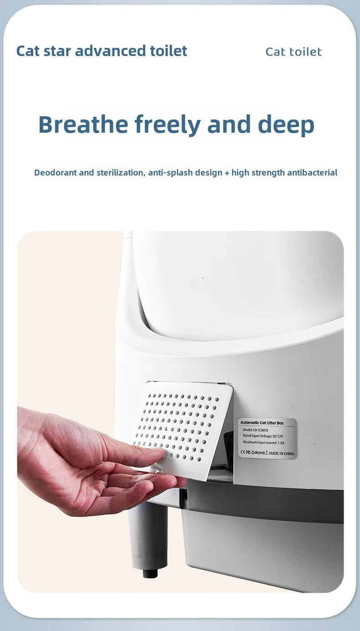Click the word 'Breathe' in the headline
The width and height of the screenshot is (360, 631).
coord(83,124)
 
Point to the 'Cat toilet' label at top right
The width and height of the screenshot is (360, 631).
coord(293,52)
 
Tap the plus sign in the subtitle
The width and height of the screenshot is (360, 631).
coord(227,173)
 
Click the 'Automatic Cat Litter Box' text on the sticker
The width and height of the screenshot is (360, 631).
coord(262,423)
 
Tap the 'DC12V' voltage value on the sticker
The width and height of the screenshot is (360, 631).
coord(278,436)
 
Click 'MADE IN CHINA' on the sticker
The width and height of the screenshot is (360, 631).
coord(282,453)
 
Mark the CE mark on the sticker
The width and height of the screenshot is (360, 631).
coord(242,453)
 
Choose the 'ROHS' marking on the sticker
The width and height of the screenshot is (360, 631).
coord(259,453)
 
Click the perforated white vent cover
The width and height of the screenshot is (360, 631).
coord(182,424)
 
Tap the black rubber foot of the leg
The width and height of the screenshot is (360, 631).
coord(150,573)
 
